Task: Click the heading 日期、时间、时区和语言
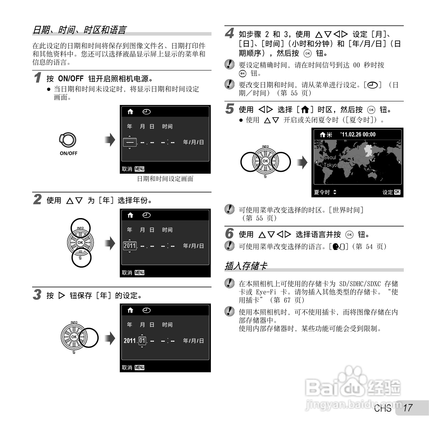[80, 30]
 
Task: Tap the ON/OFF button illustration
[68, 140]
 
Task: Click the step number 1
[38, 78]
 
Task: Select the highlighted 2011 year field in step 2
[130, 246]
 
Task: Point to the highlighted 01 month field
[142, 341]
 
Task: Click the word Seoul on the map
[330, 157]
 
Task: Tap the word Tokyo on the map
[330, 165]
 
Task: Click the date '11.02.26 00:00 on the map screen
[358, 135]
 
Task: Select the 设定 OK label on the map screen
[391, 192]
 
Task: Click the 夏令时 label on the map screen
[322, 192]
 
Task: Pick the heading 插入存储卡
[246, 266]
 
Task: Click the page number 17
[408, 408]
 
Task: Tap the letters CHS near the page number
[382, 408]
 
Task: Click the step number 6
[229, 233]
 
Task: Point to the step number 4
[229, 33]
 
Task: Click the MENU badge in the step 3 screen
[140, 368]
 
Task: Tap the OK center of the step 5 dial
[265, 161]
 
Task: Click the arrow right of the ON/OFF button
[110, 140]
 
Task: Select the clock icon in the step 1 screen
[147, 112]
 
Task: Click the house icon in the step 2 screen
[130, 215]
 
